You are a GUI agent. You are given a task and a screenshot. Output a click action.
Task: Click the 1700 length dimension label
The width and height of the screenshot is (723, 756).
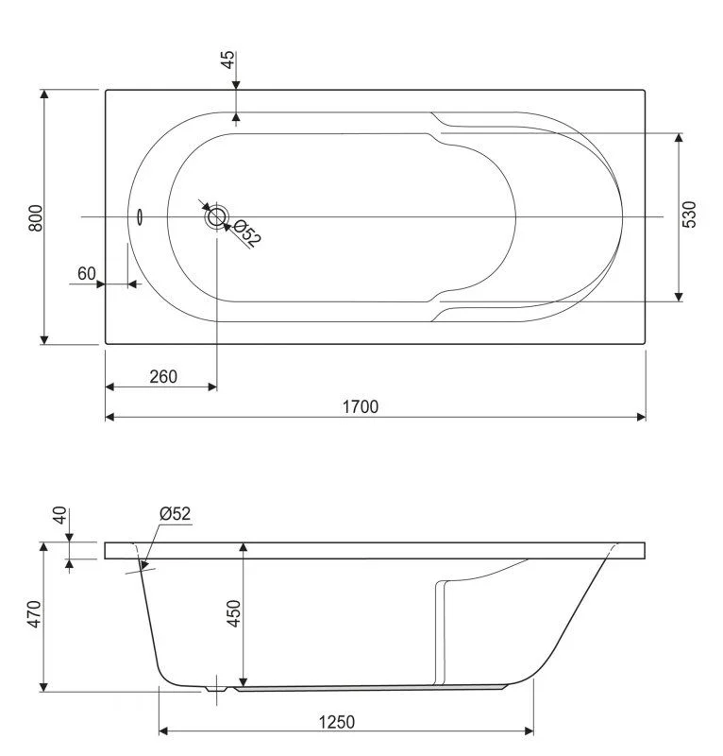pyautogui.click(x=361, y=407)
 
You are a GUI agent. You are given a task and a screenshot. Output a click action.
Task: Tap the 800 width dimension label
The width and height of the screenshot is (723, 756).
pyautogui.click(x=36, y=218)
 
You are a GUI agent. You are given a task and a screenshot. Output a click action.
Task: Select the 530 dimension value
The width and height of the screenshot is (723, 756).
pyautogui.click(x=689, y=215)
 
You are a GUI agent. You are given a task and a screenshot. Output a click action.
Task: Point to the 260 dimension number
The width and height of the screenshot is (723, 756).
pyautogui.click(x=163, y=376)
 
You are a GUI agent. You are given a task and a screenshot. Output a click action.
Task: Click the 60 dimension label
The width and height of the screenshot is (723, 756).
pyautogui.click(x=87, y=273)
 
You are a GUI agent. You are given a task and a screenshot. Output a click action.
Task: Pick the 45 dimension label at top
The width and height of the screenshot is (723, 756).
pyautogui.click(x=227, y=60)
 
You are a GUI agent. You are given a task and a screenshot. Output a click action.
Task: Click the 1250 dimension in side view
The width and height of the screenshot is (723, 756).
pyautogui.click(x=337, y=722)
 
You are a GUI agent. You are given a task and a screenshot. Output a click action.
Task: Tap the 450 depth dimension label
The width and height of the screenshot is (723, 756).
pyautogui.click(x=234, y=613)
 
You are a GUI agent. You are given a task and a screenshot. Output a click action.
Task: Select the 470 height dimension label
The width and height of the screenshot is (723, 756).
pyautogui.click(x=34, y=614)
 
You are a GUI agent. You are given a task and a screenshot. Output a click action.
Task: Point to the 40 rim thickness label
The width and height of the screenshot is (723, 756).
pyautogui.click(x=59, y=515)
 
